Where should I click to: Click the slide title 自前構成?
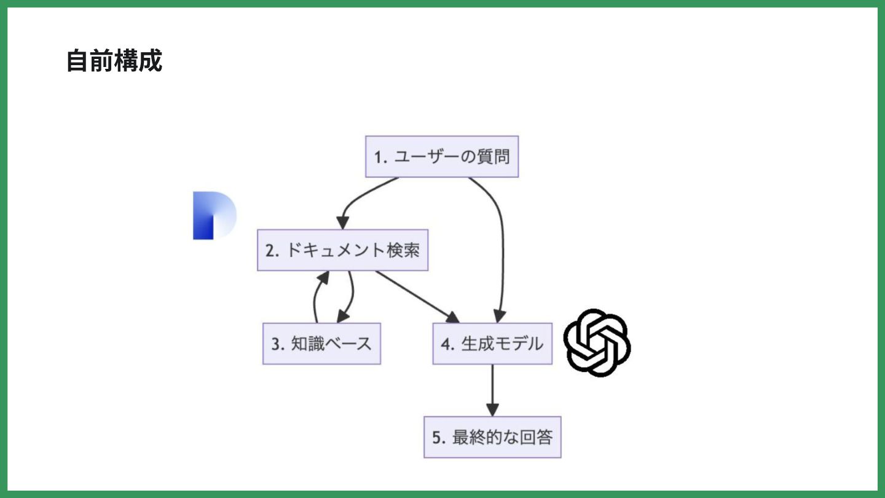click(114, 61)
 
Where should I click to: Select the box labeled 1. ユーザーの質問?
click(442, 157)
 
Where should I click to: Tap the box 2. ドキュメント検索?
click(342, 250)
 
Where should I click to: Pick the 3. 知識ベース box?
click(321, 344)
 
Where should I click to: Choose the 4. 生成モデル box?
click(492, 344)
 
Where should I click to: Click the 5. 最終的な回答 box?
click(492, 437)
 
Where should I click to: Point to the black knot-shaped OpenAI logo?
click(597, 342)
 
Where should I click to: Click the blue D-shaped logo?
click(213, 215)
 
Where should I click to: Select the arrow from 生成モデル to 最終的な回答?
click(492, 390)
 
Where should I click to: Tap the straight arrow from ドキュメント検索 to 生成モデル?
click(418, 297)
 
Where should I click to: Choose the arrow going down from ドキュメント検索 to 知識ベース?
click(350, 297)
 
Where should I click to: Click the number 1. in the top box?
click(380, 157)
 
